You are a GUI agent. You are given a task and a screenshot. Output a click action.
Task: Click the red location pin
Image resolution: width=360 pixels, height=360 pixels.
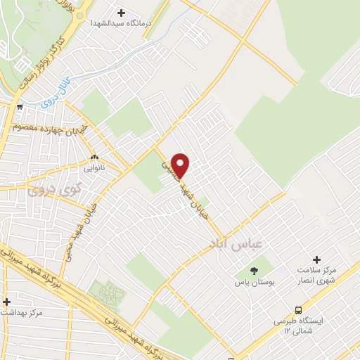[x=181, y=164]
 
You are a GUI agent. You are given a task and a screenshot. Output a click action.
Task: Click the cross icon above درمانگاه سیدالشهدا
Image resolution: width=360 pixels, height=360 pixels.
[x=121, y=13]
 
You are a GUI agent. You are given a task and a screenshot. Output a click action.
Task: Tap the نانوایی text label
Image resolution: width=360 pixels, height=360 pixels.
[x=94, y=169]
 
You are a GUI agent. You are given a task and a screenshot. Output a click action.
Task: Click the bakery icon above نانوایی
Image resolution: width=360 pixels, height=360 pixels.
[x=94, y=157]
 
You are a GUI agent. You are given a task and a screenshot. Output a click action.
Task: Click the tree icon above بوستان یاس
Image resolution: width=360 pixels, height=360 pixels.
[x=253, y=270]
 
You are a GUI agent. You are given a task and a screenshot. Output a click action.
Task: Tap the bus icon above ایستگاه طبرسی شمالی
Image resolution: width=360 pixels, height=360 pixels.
[x=299, y=309]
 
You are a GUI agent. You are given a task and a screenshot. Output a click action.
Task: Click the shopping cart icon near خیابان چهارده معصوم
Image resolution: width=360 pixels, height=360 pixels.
[x=20, y=108]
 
